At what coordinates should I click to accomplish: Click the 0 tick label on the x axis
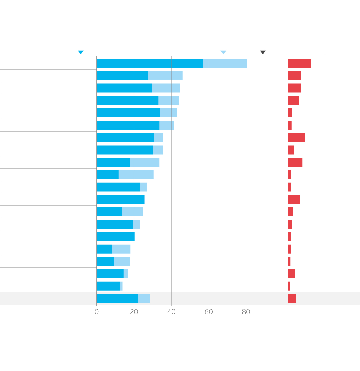[x=97, y=312]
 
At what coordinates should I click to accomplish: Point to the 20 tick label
[x=134, y=312]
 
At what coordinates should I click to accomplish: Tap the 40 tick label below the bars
[x=171, y=312]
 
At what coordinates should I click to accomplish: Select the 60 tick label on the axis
[x=209, y=312]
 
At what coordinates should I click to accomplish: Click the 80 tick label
[x=246, y=312]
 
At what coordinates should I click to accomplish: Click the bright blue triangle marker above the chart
[x=81, y=52]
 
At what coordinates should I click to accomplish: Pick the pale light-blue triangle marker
[x=223, y=52]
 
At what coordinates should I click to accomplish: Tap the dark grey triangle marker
[x=263, y=52]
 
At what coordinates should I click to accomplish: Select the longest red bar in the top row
[x=299, y=64]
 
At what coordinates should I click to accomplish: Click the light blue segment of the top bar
[x=225, y=64]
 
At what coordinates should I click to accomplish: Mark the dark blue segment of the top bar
[x=150, y=64]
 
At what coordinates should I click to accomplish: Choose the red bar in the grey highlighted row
[x=292, y=298]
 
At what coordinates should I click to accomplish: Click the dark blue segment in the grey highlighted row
[x=117, y=298]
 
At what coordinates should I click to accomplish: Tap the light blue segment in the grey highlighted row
[x=144, y=298]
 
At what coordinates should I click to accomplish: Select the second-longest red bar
[x=296, y=138]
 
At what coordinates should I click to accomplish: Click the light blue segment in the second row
[x=165, y=76]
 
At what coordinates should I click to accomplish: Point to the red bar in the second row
[x=294, y=76]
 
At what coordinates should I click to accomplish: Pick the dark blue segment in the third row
[x=124, y=88]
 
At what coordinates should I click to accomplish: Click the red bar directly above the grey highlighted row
[x=289, y=286]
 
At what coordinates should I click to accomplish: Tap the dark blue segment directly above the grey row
[x=108, y=286]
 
